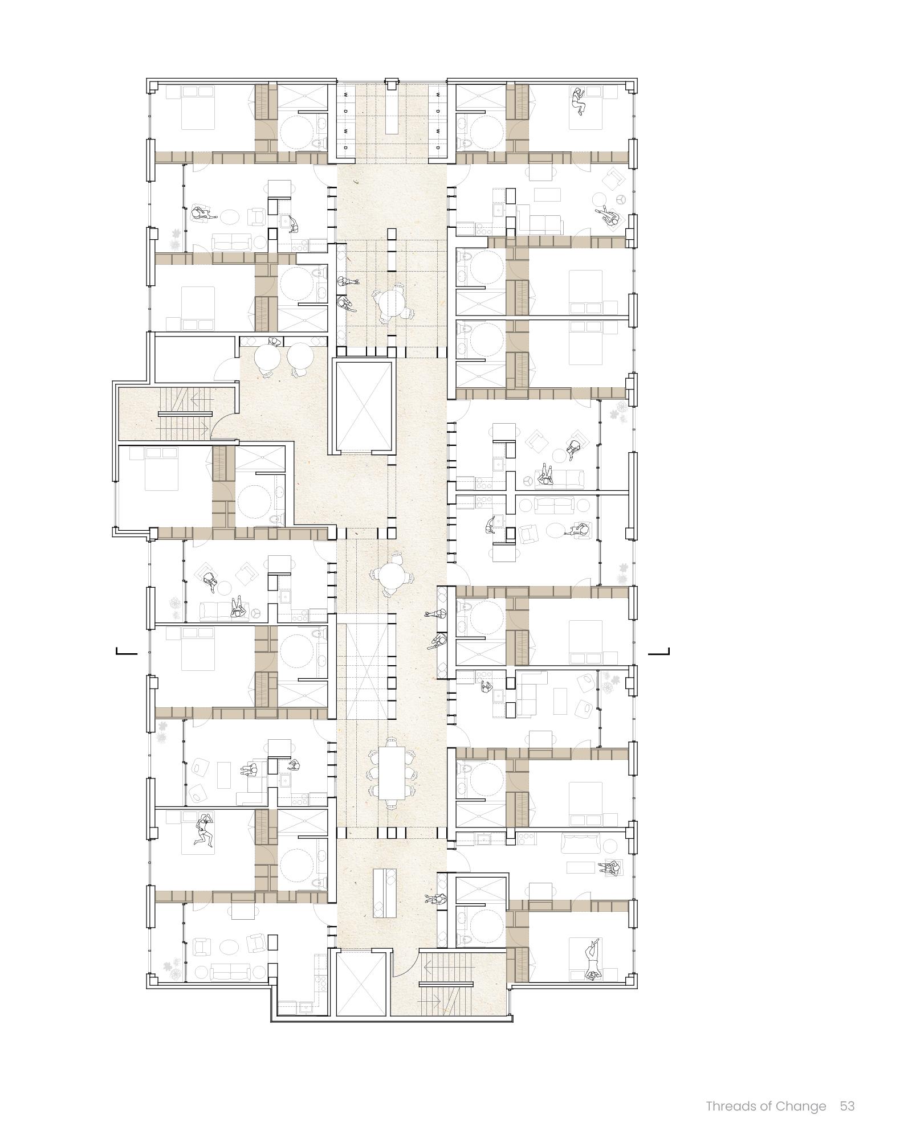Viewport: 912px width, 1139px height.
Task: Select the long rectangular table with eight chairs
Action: [392, 772]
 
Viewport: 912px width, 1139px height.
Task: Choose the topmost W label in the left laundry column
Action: [345, 95]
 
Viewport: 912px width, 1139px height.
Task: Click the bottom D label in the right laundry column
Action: [438, 147]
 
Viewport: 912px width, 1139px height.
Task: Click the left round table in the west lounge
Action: [267, 357]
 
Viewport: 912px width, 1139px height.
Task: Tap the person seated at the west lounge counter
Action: [275, 342]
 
